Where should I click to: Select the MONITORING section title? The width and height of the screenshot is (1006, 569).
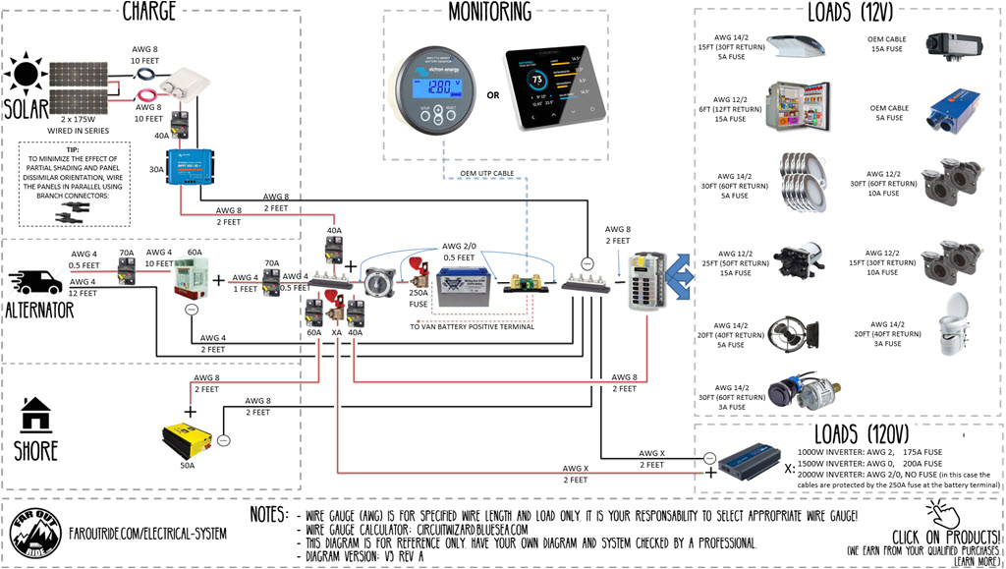click(x=489, y=13)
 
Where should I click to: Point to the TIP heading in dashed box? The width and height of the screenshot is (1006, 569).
click(x=73, y=149)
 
